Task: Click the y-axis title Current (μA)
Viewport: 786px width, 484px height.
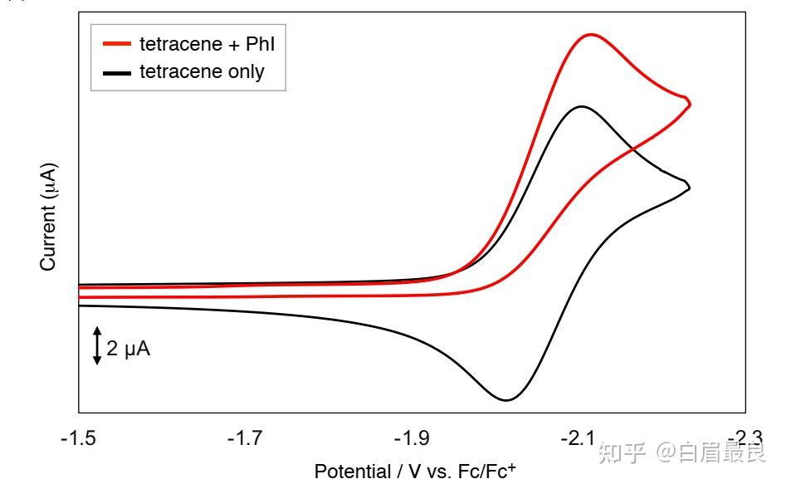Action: tap(48, 217)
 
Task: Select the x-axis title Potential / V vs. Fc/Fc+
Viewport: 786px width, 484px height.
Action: tap(415, 471)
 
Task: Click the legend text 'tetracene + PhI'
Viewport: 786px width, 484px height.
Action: tap(207, 44)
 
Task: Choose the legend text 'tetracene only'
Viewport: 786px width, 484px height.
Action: tap(202, 72)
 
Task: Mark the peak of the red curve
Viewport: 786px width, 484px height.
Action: tap(591, 35)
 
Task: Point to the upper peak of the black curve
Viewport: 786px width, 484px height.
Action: tap(581, 107)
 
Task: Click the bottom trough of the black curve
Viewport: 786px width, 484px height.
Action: tap(505, 400)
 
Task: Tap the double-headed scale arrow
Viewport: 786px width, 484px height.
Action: tap(97, 345)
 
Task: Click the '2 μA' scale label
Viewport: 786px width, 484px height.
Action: tap(129, 350)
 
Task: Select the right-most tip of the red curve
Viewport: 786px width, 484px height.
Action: tap(690, 103)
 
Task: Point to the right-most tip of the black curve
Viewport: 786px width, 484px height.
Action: tap(690, 188)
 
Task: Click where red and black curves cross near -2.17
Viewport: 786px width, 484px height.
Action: tap(633, 149)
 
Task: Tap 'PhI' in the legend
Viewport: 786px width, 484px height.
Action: tap(260, 44)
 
